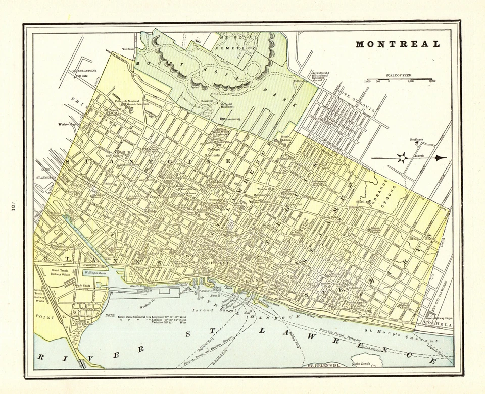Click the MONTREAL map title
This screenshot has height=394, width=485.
click(398, 44)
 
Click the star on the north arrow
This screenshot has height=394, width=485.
click(402, 158)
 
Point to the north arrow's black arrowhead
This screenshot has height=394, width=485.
click(440, 158)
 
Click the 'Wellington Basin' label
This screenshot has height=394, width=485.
click(96, 273)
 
